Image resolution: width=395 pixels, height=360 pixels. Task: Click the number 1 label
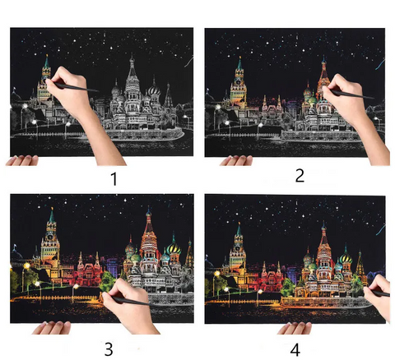tap(114, 179)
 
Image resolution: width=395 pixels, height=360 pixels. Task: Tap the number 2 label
tap(300, 175)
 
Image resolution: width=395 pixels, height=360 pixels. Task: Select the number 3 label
tap(109, 349)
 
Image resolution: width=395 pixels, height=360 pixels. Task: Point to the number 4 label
tap(295, 350)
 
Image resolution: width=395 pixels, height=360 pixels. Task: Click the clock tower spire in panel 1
tap(47, 62)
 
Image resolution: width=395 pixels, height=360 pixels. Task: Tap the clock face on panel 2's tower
tap(239, 81)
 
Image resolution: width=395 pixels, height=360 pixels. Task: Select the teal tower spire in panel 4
tap(239, 229)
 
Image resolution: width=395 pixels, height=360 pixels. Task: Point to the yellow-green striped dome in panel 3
tap(174, 248)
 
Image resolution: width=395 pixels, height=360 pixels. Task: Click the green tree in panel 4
tap(288, 287)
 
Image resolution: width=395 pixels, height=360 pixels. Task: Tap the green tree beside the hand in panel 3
tap(108, 281)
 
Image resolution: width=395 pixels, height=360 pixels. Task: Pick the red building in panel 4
tap(271, 276)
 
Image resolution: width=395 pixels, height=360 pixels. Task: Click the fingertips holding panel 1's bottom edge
tap(22, 160)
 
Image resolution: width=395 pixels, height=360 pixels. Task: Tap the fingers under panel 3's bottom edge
tap(51, 328)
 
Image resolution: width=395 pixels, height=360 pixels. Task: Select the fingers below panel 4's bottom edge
tap(295, 328)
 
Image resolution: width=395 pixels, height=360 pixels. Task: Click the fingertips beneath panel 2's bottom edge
tap(236, 160)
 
